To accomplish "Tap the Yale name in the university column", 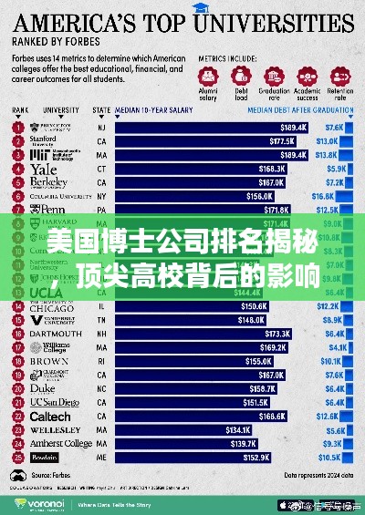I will pyautogui.click(x=44, y=169).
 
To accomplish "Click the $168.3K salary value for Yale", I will pyautogui.click(x=272, y=169).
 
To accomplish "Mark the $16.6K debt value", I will pyautogui.click(x=323, y=195).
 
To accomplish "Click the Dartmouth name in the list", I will pyautogui.click(x=56, y=335).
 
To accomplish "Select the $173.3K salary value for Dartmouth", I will pyautogui.click(x=275, y=335).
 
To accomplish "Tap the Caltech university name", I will pyautogui.click(x=50, y=416).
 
